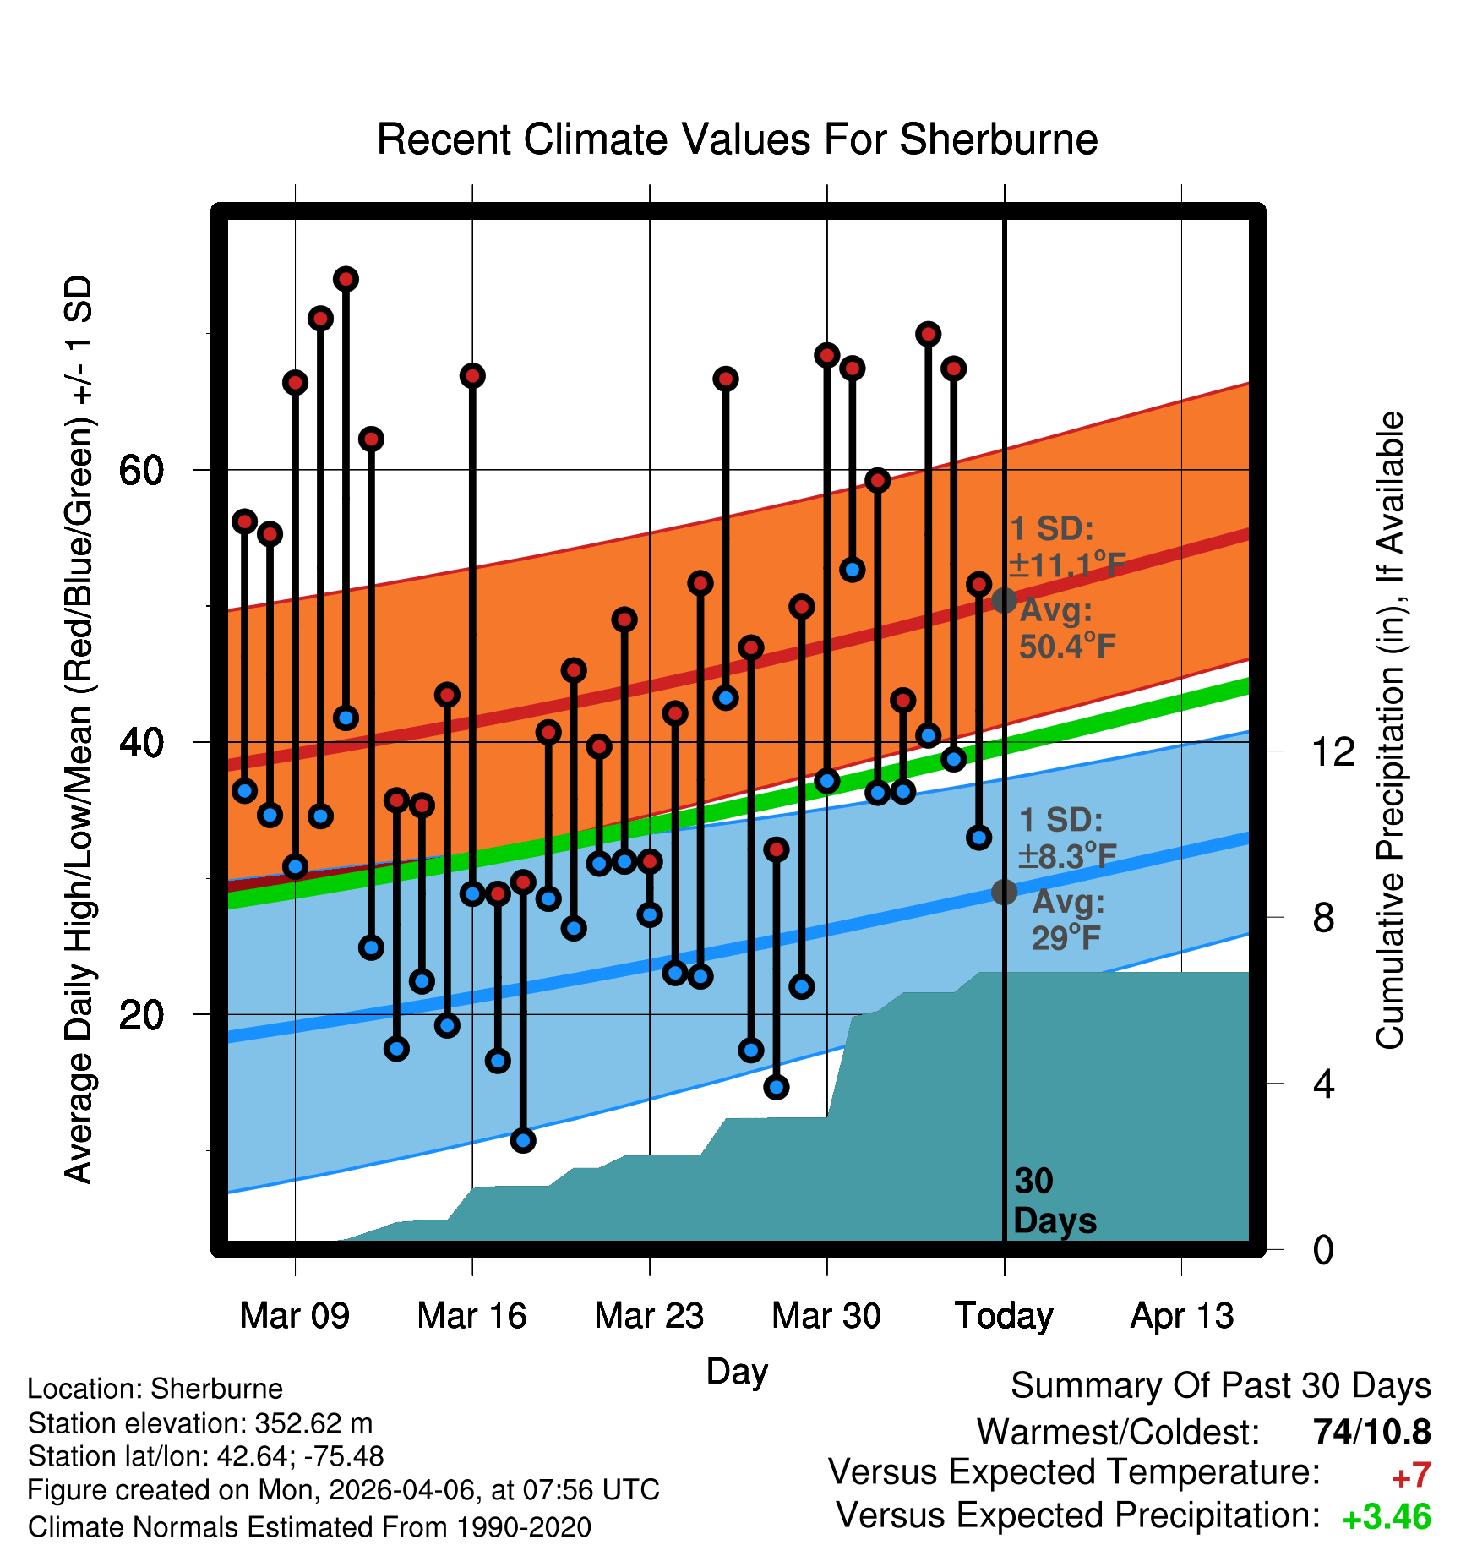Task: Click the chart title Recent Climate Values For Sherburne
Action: click(x=737, y=139)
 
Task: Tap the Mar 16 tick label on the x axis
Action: click(x=471, y=1316)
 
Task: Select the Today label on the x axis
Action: click(x=1004, y=1316)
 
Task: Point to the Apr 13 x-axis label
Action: click(x=1182, y=1316)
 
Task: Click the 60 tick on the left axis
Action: click(x=141, y=470)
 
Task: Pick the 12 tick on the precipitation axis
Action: click(x=1333, y=751)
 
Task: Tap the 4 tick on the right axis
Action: click(x=1323, y=1084)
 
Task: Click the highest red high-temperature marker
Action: click(x=346, y=279)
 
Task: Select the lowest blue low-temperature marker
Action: click(x=523, y=1141)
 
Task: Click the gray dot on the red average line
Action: click(x=1004, y=601)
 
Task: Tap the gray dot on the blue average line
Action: click(x=1004, y=892)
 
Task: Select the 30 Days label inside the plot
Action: click(x=1055, y=1201)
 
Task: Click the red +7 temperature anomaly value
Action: click(x=1411, y=1476)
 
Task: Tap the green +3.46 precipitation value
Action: click(x=1387, y=1517)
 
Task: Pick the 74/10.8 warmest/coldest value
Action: click(x=1372, y=1432)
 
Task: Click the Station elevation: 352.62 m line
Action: click(x=200, y=1423)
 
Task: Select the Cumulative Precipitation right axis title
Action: click(x=1391, y=731)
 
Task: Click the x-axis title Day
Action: click(x=737, y=1371)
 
